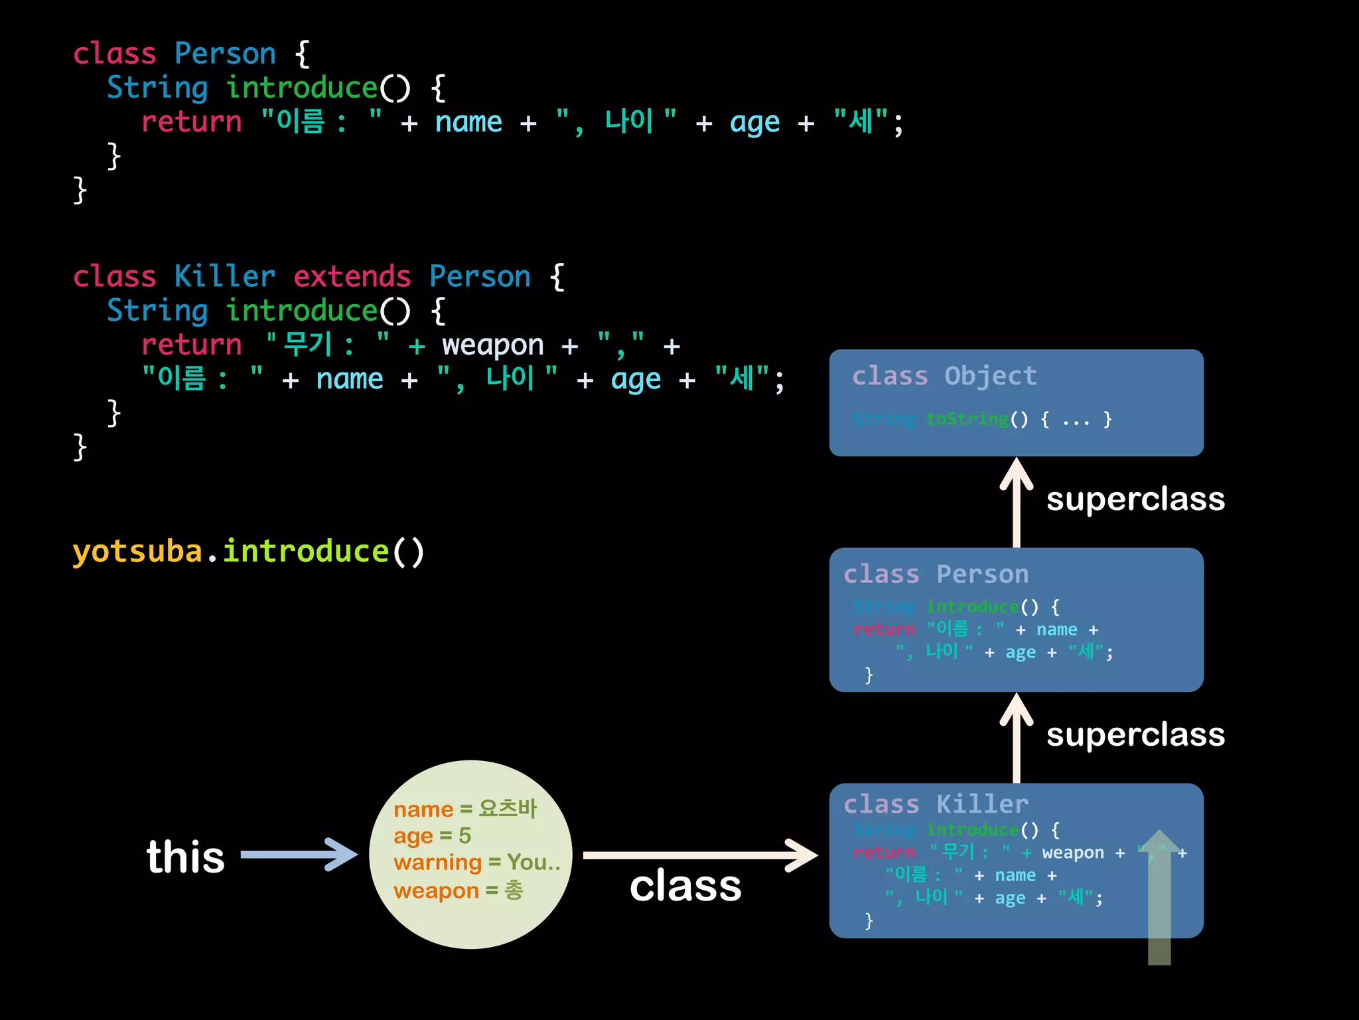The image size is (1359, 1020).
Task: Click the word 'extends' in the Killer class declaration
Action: [x=352, y=276]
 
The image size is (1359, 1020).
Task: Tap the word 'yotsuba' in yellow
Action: [x=137, y=551]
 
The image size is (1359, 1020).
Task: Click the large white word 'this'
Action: [x=186, y=857]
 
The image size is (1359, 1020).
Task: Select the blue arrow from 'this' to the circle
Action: [x=299, y=855]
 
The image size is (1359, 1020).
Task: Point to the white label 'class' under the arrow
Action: [x=685, y=886]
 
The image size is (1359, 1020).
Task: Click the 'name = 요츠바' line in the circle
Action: [x=465, y=809]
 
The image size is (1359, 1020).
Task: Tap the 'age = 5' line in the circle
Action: [x=432, y=835]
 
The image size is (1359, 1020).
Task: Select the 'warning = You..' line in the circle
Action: [x=476, y=862]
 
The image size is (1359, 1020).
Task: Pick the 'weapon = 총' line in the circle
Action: [x=458, y=890]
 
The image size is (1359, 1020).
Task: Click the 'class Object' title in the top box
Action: [x=944, y=376]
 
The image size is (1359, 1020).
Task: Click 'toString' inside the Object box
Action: [x=967, y=419]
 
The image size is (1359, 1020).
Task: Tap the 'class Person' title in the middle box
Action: [x=936, y=574]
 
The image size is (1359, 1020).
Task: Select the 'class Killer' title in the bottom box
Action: [x=936, y=804]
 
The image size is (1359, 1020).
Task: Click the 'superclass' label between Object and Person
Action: [x=1135, y=499]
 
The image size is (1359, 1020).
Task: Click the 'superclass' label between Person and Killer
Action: [x=1135, y=734]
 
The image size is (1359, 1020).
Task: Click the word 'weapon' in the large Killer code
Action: [x=492, y=345]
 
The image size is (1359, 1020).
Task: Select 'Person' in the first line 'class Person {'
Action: [x=225, y=53]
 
